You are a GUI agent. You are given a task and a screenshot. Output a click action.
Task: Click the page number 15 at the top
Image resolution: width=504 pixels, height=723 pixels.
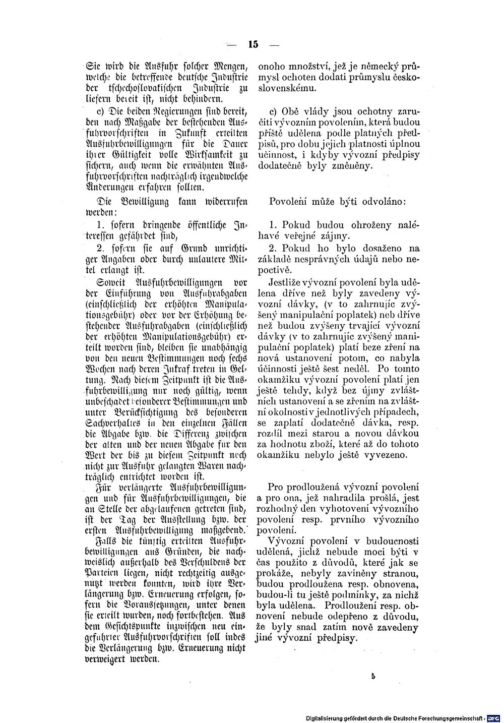[253, 45]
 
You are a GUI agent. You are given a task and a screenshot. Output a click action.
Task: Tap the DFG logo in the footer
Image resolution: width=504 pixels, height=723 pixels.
[494, 717]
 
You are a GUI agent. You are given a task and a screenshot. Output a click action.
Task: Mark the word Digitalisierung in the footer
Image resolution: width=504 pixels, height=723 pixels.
[332, 717]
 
